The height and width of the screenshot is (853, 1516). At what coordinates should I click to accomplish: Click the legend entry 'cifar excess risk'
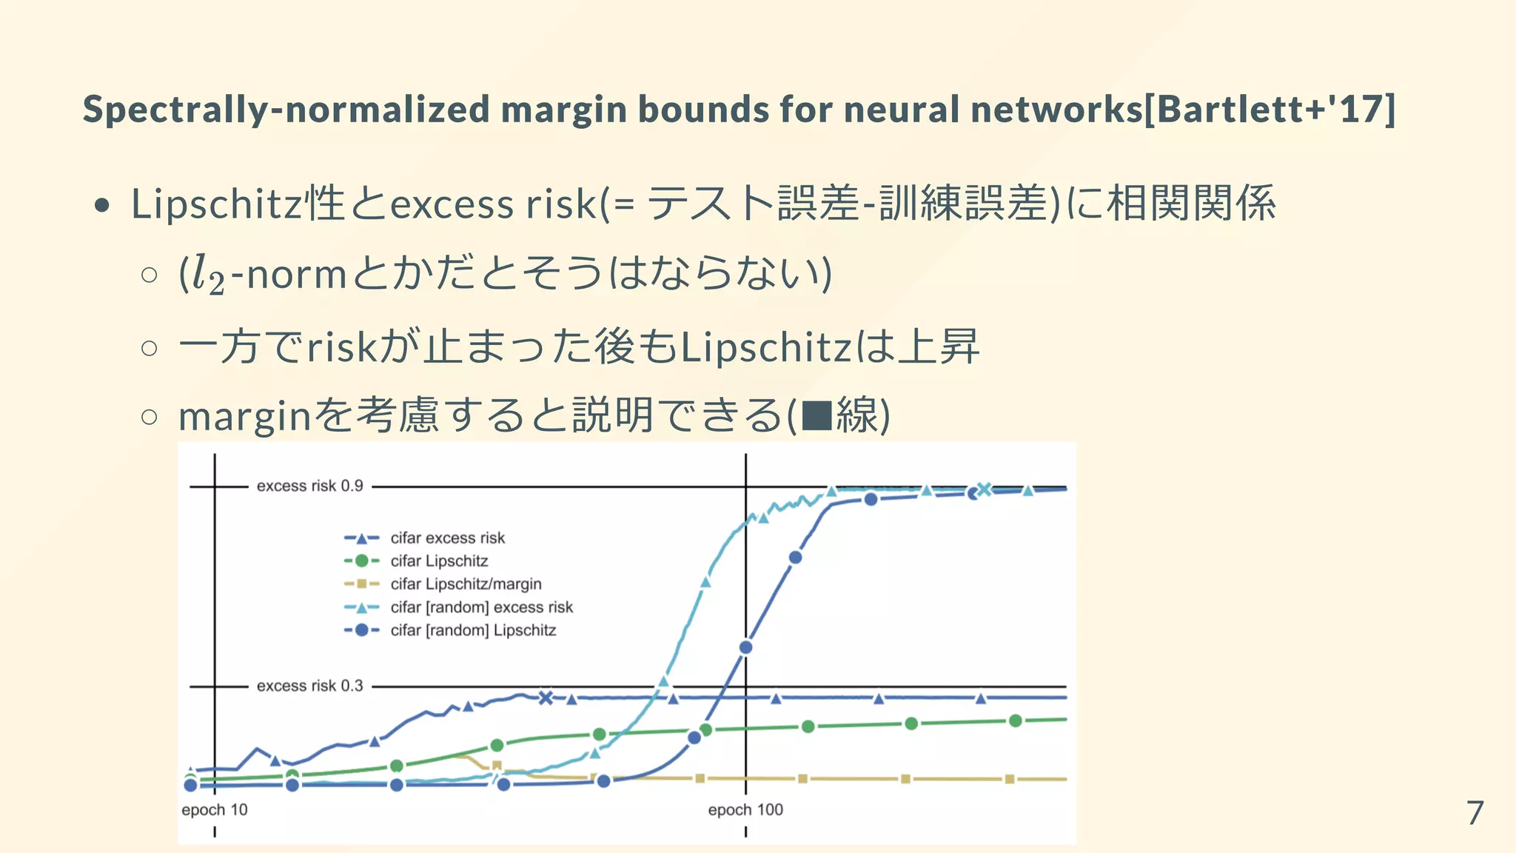click(x=447, y=538)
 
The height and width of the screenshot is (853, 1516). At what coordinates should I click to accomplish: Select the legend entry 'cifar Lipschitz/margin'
click(x=466, y=584)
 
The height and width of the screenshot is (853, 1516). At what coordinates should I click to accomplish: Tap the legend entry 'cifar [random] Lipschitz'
click(x=473, y=630)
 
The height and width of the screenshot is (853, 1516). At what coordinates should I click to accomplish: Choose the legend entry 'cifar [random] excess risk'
click(x=481, y=607)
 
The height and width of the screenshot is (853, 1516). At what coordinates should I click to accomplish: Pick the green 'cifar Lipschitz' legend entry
click(x=439, y=561)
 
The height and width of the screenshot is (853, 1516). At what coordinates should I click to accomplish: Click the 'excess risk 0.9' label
click(x=309, y=486)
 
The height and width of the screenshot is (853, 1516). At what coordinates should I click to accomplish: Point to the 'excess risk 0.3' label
click(x=309, y=686)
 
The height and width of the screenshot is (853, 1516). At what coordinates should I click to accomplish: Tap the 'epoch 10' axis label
click(x=215, y=810)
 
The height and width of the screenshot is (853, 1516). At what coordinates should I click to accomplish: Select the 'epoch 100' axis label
click(x=745, y=810)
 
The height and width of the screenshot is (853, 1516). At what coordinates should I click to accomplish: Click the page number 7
click(x=1475, y=813)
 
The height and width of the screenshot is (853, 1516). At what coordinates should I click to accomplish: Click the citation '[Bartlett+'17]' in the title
click(x=1270, y=109)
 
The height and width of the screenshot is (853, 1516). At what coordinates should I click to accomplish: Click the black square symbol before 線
click(x=817, y=415)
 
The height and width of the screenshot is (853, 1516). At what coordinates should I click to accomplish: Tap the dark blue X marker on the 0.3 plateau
click(x=546, y=698)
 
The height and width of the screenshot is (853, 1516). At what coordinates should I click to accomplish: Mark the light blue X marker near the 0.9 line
click(x=985, y=489)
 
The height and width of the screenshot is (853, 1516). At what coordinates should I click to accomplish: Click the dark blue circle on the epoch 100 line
click(x=746, y=647)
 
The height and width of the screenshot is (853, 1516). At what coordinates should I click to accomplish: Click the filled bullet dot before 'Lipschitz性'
click(x=103, y=205)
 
